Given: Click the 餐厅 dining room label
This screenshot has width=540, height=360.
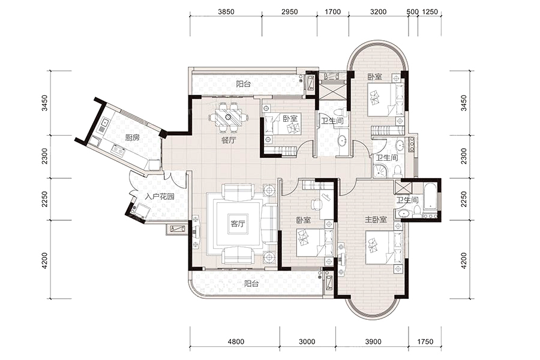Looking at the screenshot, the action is tap(229, 140).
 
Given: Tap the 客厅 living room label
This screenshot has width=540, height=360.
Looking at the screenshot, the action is tap(238, 224).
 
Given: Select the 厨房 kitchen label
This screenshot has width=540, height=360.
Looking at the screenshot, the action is tap(132, 138).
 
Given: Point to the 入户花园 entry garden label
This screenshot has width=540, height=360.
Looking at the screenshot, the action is tap(159, 197).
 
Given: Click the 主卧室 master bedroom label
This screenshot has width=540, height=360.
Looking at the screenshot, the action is tap(376, 219).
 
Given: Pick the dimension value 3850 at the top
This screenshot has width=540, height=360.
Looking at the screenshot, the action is tap(226, 12).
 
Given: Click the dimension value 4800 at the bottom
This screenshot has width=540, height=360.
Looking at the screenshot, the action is tap(236, 341).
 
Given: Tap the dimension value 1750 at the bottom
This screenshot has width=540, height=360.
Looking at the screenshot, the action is tap(425, 341).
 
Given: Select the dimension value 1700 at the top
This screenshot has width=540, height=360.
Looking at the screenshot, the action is tap(332, 12).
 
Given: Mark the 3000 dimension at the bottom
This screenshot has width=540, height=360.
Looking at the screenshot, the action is tap(307, 341).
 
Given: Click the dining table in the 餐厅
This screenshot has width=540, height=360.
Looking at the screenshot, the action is tap(229, 118).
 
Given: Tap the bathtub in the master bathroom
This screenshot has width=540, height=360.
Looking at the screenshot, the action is tap(430, 196).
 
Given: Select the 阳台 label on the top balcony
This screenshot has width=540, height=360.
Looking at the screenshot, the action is tap(244, 84).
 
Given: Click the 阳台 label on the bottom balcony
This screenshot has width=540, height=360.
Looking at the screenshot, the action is tap(251, 284).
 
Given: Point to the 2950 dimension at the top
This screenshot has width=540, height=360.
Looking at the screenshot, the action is tap(289, 12).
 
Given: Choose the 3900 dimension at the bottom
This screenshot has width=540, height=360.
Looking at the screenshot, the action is tap(373, 341).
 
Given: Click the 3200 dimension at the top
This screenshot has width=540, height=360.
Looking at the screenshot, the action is tap(378, 12).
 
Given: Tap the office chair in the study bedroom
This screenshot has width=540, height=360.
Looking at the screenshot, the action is tap(316, 204).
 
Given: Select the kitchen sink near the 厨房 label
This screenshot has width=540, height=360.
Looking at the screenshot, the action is tap(118, 150).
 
